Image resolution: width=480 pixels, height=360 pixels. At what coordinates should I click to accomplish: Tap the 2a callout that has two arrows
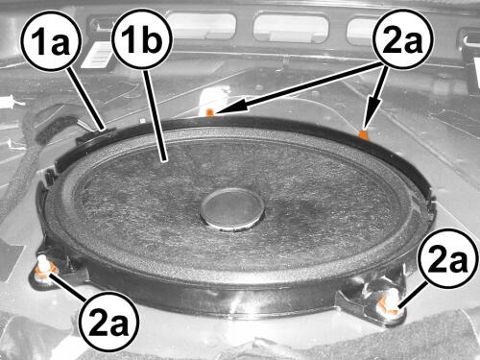coord(402,39)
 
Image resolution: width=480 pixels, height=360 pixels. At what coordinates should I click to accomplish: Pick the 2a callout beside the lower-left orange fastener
coord(109,321)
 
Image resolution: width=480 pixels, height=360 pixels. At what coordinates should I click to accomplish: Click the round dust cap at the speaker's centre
coord(231,208)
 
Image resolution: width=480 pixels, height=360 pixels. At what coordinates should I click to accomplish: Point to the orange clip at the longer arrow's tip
coord(209,112)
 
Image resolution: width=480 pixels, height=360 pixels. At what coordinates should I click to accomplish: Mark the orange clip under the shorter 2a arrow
coord(363,134)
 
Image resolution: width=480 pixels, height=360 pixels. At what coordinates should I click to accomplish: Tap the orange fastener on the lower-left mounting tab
coord(44,268)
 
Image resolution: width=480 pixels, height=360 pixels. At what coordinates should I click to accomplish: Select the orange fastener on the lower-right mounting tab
coord(389,303)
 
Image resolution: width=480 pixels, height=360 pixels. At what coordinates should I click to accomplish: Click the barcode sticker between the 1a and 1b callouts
coord(96,57)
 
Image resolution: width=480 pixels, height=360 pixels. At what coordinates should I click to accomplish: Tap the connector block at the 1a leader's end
coord(96,136)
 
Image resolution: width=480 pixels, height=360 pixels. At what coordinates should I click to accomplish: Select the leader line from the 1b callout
coord(155,114)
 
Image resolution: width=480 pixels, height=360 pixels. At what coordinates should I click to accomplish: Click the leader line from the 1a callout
coord(86,99)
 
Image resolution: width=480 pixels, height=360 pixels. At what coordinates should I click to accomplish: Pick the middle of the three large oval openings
coord(291,27)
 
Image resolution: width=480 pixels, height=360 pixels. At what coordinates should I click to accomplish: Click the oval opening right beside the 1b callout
coord(203,26)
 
